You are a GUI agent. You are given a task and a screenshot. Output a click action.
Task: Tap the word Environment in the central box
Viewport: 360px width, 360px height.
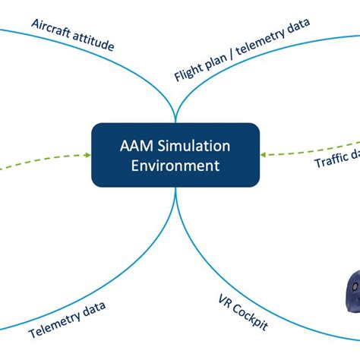175,165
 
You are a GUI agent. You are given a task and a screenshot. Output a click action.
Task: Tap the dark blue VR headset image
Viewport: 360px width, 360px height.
350,293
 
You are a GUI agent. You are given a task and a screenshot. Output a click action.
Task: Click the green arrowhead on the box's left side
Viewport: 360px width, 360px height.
87,155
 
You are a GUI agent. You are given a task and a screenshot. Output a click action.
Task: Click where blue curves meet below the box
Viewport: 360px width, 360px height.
175,191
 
